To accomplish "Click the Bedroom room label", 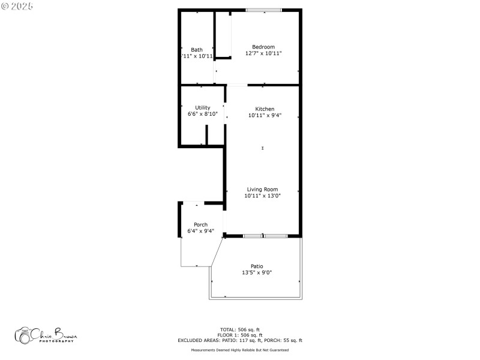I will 263,47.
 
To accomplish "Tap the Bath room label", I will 197,50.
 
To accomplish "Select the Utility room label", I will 203,108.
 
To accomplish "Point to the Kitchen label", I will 265,109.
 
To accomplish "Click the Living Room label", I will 262,190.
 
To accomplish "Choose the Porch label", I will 200,225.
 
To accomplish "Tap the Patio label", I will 257,266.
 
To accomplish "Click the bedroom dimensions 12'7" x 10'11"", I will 263,53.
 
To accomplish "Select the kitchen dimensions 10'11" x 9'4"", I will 265,115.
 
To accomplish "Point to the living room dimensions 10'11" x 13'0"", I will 262,196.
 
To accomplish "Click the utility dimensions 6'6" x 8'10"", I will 203,114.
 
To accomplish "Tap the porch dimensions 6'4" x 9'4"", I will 200,231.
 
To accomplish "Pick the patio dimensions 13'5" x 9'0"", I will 257,272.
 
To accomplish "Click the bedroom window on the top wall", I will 263,10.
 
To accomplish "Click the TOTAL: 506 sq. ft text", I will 240,329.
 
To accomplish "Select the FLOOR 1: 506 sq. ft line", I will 240,335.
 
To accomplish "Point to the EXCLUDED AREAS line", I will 240,340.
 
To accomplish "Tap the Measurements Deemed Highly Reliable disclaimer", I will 240,350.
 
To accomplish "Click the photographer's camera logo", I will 24,335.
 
